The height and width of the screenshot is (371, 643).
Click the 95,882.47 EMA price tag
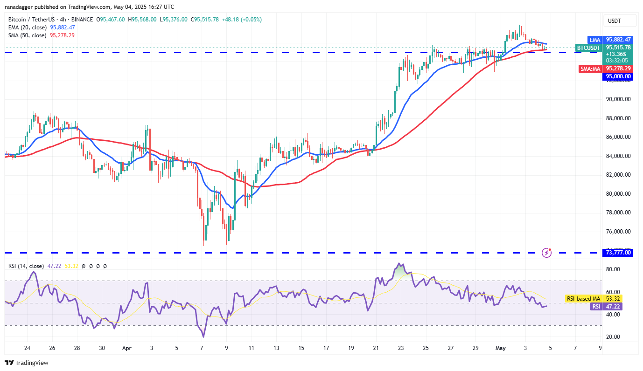[x=618, y=40]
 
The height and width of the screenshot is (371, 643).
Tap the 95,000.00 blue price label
[x=618, y=76]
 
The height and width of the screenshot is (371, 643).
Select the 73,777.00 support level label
[x=618, y=253]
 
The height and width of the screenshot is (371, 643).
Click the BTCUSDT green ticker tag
[x=588, y=48]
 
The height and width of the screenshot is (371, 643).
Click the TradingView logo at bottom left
[x=27, y=363]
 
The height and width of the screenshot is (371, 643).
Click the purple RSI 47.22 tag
[x=595, y=307]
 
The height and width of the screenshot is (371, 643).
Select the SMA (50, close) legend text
[x=27, y=35]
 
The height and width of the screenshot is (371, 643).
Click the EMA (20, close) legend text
[x=27, y=27]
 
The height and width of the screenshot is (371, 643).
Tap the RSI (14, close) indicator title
[x=26, y=266]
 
